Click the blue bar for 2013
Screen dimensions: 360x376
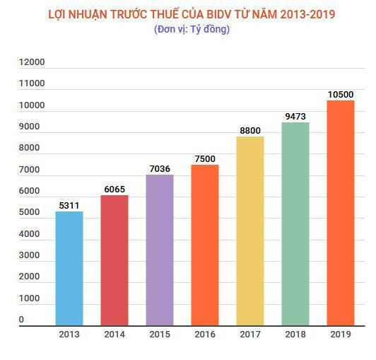pos(69,269)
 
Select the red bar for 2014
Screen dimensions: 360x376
pos(114,260)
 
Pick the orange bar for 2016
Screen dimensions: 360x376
pos(205,245)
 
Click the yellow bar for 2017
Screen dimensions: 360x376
pos(250,231)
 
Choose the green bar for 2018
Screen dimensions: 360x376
pos(295,223)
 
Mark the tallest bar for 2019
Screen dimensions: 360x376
pos(340,212)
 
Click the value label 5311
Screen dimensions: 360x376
pos(69,205)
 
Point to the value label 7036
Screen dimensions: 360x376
pos(160,168)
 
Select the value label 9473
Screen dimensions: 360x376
pos(295,116)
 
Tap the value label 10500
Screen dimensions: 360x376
pos(340,94)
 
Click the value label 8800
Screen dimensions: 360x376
pos(250,130)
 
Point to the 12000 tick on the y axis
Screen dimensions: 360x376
pos(32,62)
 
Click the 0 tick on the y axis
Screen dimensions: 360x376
pos(21,320)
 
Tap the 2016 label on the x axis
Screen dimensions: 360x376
pos(205,334)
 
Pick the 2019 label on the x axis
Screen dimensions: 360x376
pos(340,334)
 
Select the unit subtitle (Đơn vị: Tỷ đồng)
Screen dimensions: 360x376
pos(191,29)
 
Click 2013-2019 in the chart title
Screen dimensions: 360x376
pos(307,13)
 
